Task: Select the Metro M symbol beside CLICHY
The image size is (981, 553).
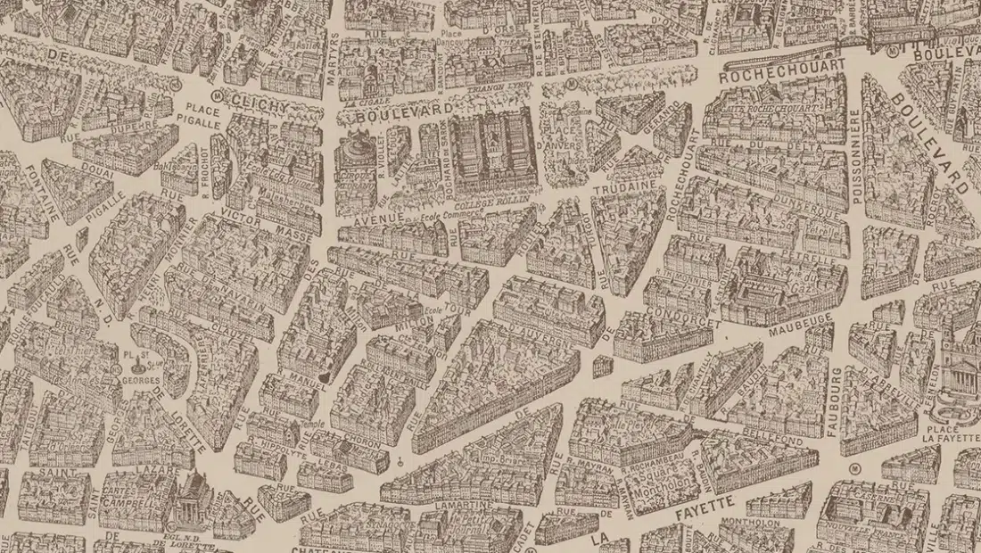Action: (216, 90)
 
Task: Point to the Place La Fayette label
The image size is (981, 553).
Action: (952, 431)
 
